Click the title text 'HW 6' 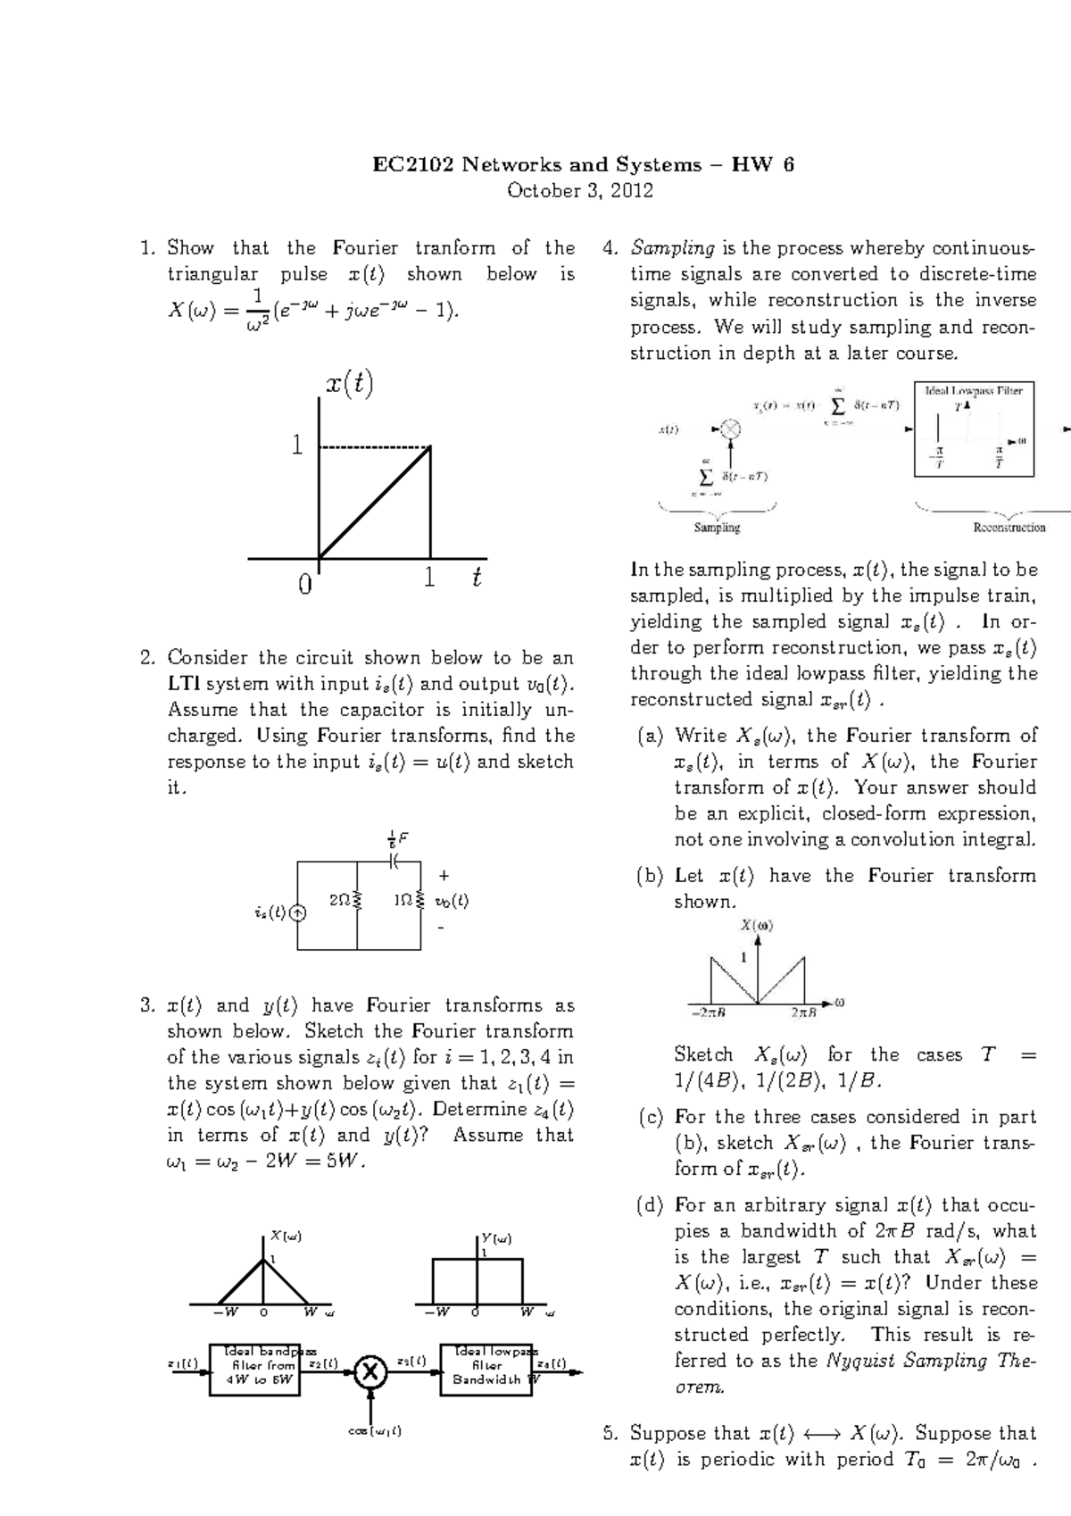pos(763,164)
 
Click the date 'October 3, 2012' pos(580,190)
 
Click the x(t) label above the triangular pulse pos(348,385)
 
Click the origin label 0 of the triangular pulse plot pos(305,585)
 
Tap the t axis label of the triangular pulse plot pos(477,578)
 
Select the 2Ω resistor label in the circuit pos(339,901)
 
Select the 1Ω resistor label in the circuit pos(402,901)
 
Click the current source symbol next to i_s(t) pos(297,912)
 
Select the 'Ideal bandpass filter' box pos(254,1369)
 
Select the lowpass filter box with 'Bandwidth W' pos(486,1369)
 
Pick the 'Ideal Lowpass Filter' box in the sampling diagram pos(974,429)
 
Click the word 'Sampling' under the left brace pos(717,528)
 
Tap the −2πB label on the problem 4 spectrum pos(708,1012)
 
